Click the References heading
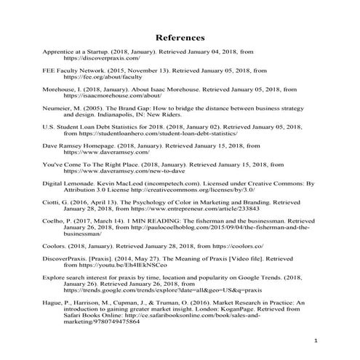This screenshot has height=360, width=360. point(180,38)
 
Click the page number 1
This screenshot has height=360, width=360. point(316,340)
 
